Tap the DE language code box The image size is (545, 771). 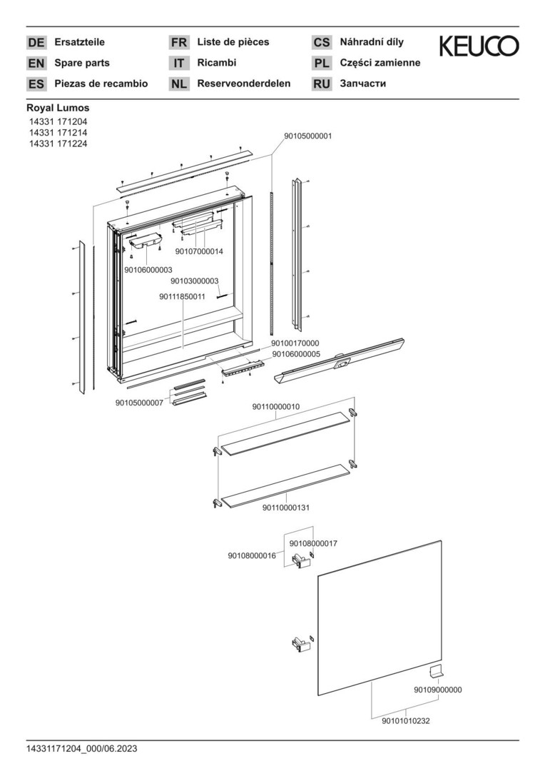36,42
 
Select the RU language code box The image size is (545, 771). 322,84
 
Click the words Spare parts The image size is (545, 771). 82,63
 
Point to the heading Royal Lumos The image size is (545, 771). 58,108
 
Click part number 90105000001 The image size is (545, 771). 308,136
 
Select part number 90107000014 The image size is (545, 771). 199,251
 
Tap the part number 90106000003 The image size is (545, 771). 148,270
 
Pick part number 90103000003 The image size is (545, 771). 195,281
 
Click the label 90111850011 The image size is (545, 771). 183,296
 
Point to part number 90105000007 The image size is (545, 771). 140,403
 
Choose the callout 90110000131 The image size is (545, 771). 286,508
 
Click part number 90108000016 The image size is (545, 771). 252,555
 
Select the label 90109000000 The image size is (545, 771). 438,690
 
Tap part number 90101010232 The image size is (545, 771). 406,721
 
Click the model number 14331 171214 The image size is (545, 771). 58,133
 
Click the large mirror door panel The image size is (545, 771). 380,618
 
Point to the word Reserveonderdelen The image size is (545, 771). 244,84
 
